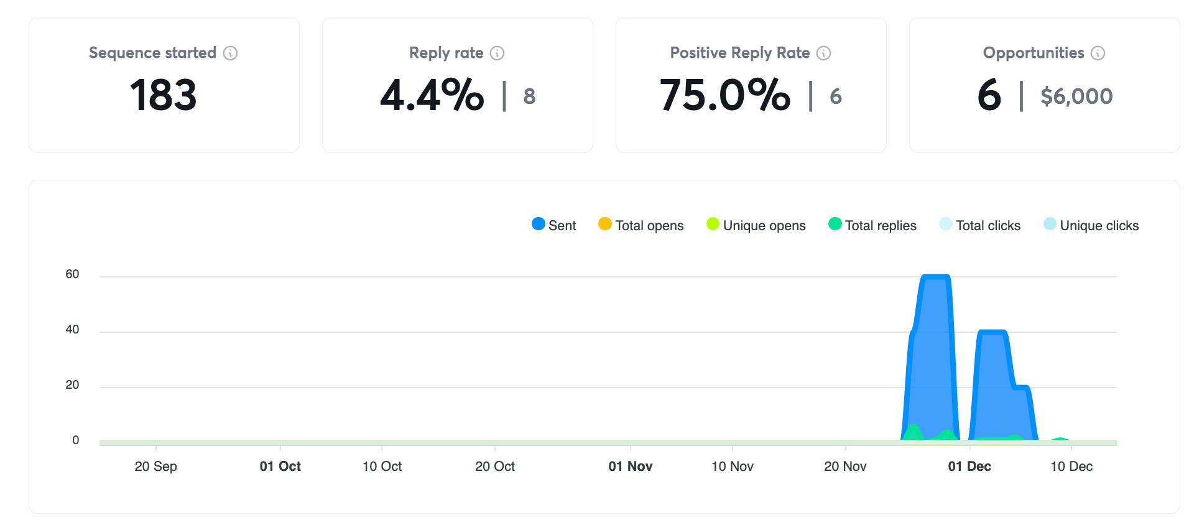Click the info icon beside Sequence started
click(x=230, y=53)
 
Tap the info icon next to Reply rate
click(x=497, y=53)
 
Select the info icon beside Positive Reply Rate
click(x=823, y=53)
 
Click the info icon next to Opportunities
click(x=1098, y=53)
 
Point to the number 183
click(x=164, y=95)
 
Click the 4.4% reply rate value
click(x=432, y=95)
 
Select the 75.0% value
click(x=725, y=95)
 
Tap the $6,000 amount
click(x=1076, y=96)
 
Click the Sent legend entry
click(x=554, y=225)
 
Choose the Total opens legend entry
click(x=641, y=225)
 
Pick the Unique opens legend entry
click(x=756, y=225)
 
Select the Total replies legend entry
click(x=872, y=225)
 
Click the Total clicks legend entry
click(x=979, y=225)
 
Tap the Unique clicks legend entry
click(x=1091, y=225)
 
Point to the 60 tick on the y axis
click(x=72, y=274)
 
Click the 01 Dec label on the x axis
click(x=969, y=467)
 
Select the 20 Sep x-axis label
click(x=155, y=467)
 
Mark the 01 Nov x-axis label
click(x=630, y=467)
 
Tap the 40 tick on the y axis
click(x=72, y=330)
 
